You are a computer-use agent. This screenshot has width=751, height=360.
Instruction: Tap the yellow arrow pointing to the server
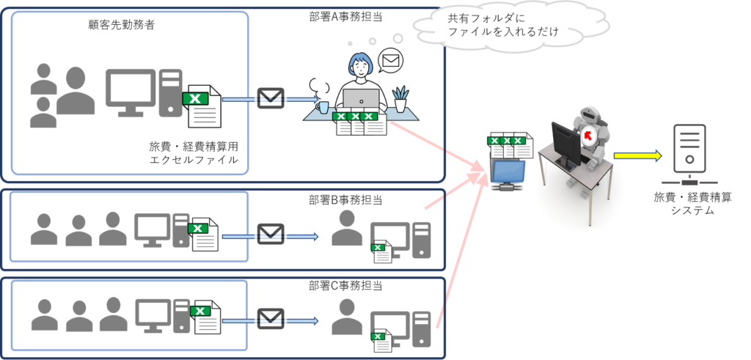pyautogui.click(x=637, y=155)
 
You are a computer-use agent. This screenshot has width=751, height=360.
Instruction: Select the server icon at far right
pyautogui.click(x=689, y=155)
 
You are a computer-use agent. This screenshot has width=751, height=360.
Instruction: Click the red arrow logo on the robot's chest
pyautogui.click(x=587, y=136)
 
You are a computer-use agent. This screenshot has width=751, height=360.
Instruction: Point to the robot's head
pyautogui.click(x=590, y=117)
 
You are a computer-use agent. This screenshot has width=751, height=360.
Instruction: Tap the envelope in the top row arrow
pyautogui.click(x=270, y=98)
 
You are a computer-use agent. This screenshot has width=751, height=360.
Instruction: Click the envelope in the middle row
pyautogui.click(x=270, y=235)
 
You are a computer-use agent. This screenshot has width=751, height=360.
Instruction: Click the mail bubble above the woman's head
pyautogui.click(x=391, y=60)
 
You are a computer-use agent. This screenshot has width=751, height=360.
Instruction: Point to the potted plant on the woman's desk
pyautogui.click(x=400, y=99)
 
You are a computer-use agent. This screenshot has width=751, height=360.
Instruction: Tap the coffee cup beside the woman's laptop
pyautogui.click(x=323, y=108)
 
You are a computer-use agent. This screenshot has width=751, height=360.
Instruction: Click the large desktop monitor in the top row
pyautogui.click(x=130, y=91)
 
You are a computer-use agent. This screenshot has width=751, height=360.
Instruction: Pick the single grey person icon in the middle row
pyautogui.click(x=346, y=228)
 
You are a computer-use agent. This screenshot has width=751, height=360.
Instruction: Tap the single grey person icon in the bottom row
pyautogui.click(x=346, y=317)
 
